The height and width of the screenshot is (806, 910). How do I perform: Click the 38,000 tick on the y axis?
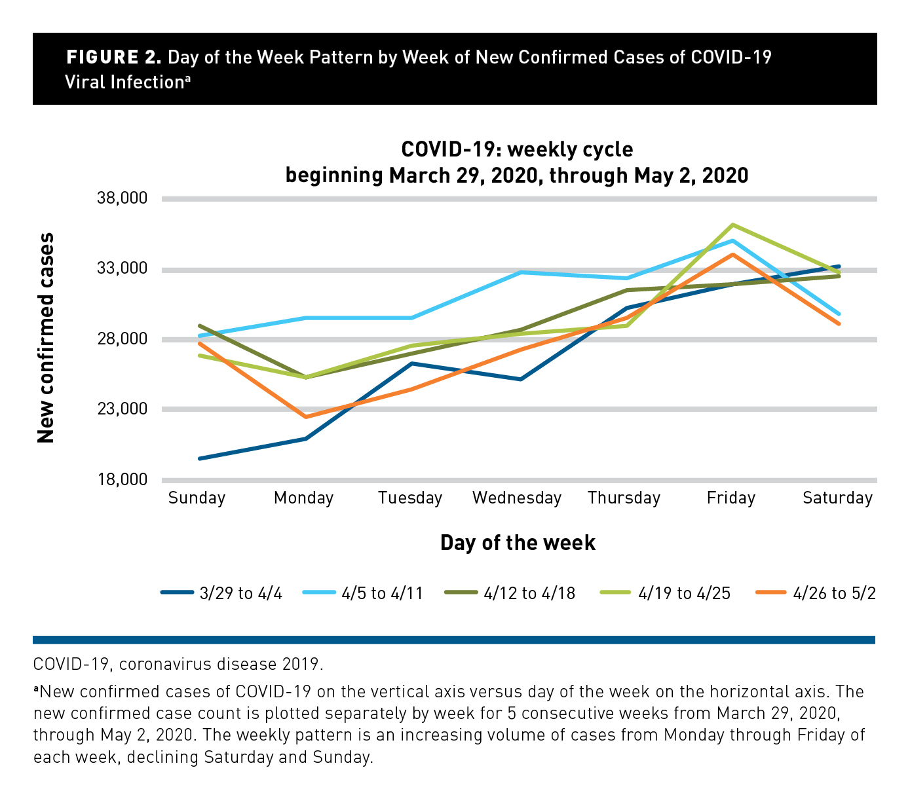[x=125, y=198]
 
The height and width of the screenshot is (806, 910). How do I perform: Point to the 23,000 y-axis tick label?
[x=125, y=409]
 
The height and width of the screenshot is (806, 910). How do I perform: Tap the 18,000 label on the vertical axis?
[x=125, y=479]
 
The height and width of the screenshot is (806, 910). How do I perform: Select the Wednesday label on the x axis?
[x=517, y=498]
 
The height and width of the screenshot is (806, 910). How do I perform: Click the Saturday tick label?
[x=837, y=498]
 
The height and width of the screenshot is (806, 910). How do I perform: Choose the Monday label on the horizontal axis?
[x=303, y=498]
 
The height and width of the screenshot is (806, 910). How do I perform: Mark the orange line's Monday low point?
[x=305, y=417]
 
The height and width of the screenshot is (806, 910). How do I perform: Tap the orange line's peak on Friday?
[x=732, y=254]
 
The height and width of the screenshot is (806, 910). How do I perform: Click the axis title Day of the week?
[x=518, y=543]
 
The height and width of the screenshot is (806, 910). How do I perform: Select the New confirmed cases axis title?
[x=46, y=338]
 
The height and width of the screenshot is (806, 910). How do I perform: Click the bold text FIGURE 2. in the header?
[x=113, y=58]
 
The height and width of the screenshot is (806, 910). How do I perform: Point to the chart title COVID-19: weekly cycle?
[x=517, y=149]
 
